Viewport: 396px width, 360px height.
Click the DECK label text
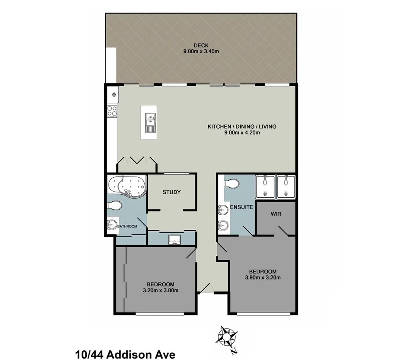[x=201, y=45]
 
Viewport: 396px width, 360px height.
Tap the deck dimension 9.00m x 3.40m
[x=201, y=51]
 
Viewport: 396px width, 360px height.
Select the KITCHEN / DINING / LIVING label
[x=242, y=127]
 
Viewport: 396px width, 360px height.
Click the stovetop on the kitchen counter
[x=112, y=111]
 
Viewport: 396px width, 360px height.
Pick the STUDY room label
[x=172, y=192]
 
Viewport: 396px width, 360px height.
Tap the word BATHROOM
[x=127, y=226]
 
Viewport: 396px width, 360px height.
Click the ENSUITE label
[x=241, y=207]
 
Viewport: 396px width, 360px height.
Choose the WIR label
[x=276, y=213]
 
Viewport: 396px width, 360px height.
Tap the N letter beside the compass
[x=233, y=351]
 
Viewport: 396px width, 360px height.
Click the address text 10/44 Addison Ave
[x=125, y=353]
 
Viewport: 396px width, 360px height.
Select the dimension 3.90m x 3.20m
[x=263, y=277]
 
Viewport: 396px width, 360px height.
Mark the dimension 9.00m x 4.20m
[x=242, y=133]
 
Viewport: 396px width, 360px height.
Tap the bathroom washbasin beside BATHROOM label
[x=112, y=224]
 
